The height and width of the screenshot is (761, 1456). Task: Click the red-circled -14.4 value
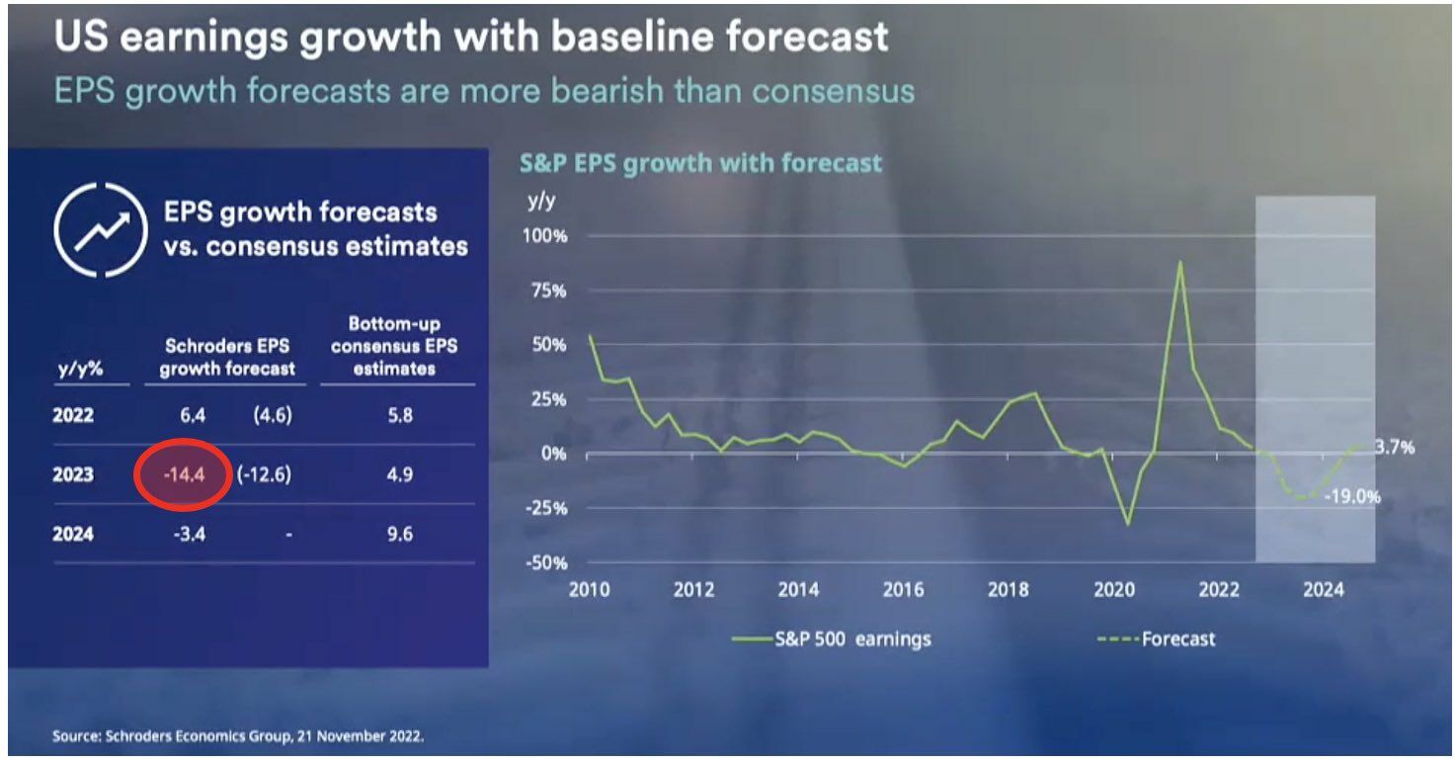click(184, 474)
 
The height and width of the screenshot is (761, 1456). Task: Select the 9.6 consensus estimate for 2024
click(399, 535)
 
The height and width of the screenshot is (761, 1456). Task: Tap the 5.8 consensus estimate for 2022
click(399, 415)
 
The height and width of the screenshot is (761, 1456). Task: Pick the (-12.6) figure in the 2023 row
click(264, 474)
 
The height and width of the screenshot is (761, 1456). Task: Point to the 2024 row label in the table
click(73, 535)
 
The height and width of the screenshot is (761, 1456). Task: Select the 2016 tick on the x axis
click(903, 590)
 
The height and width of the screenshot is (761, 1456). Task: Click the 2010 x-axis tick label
click(590, 590)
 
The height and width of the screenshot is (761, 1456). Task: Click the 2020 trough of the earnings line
click(1127, 523)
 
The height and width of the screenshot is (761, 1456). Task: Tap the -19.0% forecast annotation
click(1352, 497)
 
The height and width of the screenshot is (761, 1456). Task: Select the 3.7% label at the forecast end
click(1394, 447)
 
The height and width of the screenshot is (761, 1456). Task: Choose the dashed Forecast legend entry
click(1157, 638)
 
